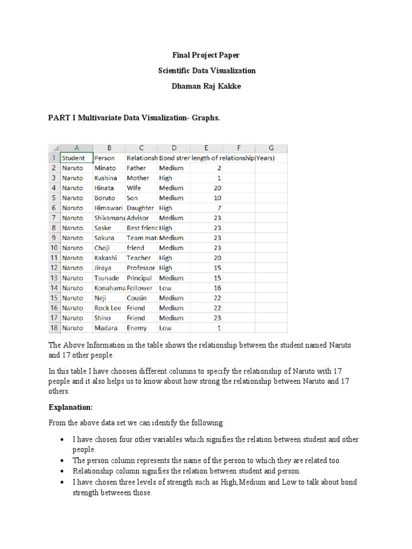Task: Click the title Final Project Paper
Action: click(205, 55)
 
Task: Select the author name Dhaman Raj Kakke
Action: click(205, 86)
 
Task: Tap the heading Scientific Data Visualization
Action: click(205, 70)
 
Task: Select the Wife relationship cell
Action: click(134, 188)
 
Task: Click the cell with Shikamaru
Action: click(109, 218)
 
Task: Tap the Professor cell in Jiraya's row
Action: click(141, 268)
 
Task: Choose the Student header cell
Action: click(73, 158)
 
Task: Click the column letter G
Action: click(271, 148)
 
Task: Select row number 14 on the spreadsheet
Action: click(54, 288)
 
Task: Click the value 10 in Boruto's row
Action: click(217, 198)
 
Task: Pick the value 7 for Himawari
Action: click(219, 208)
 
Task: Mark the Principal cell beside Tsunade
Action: click(139, 278)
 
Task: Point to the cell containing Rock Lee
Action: click(108, 308)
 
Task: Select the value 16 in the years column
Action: click(217, 288)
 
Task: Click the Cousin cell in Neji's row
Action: click(137, 298)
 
